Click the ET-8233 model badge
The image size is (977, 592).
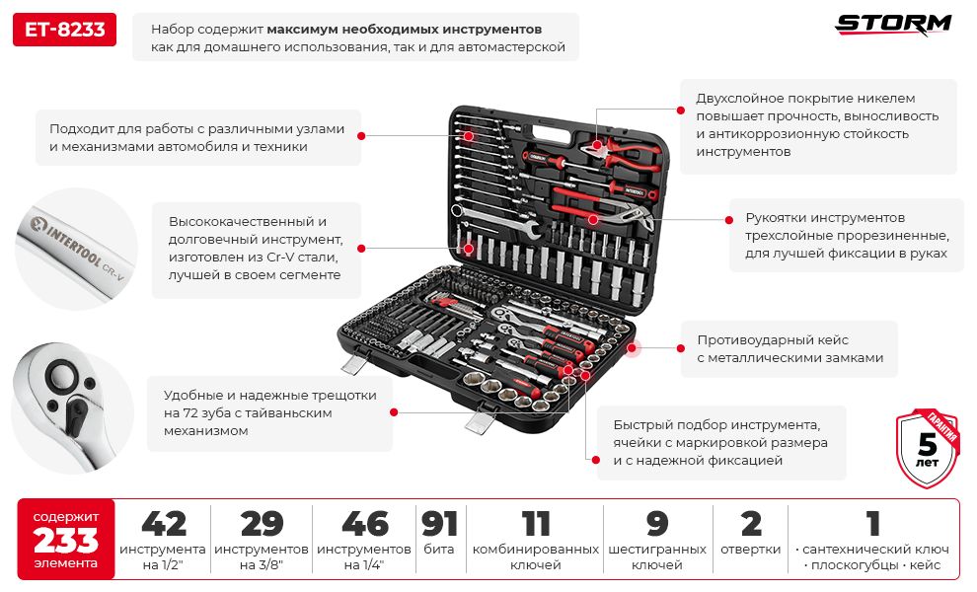[x=65, y=30]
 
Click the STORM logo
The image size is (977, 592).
[x=894, y=25]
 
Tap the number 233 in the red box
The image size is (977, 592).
[x=66, y=540]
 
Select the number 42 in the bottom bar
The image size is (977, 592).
[x=163, y=524]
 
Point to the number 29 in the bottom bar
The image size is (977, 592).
[x=262, y=524]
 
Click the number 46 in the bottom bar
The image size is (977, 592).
[x=364, y=524]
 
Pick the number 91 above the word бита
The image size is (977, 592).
[x=439, y=524]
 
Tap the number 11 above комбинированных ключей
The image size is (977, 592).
[x=535, y=524]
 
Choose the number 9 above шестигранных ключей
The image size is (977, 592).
[x=656, y=524]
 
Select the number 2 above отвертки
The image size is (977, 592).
[x=751, y=524]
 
